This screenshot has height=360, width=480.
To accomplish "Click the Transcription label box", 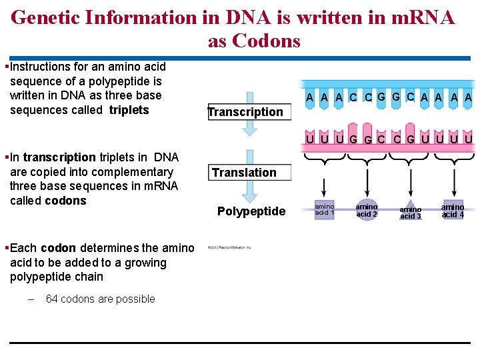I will click(x=245, y=112).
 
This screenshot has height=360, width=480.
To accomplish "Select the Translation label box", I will click(x=244, y=173).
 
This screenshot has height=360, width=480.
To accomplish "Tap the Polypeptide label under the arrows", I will click(x=251, y=211).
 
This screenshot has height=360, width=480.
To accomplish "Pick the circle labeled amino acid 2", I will click(x=367, y=210).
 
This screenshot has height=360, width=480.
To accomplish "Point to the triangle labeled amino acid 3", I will click(x=410, y=211).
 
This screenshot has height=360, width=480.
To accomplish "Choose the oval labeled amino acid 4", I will click(x=453, y=210).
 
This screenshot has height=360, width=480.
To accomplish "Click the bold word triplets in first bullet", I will click(x=129, y=110).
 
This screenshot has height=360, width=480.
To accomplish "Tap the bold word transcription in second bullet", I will click(x=59, y=157).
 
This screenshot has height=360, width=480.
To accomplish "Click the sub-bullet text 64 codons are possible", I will click(x=100, y=299).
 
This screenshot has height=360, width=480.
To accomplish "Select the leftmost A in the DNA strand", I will click(x=310, y=97).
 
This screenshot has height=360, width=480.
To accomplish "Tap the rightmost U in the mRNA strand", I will click(x=469, y=139).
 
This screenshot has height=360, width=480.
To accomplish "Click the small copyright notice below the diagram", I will click(x=229, y=247).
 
